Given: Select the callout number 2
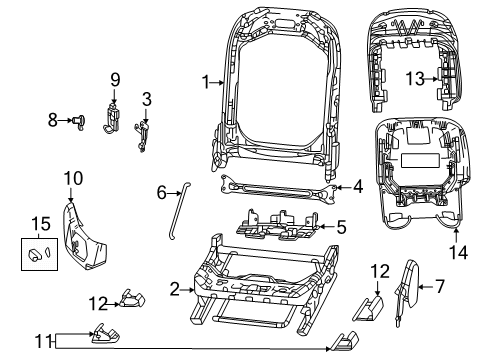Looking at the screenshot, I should click(174, 289).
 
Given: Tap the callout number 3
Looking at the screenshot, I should click(146, 99).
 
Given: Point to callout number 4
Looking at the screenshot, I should click(358, 185).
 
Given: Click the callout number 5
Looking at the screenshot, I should click(340, 228).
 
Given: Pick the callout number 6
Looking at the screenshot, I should click(162, 192).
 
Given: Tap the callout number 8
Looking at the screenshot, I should click(53, 119).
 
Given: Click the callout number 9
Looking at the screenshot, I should click(114, 79).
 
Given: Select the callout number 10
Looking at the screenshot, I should click(72, 178).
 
